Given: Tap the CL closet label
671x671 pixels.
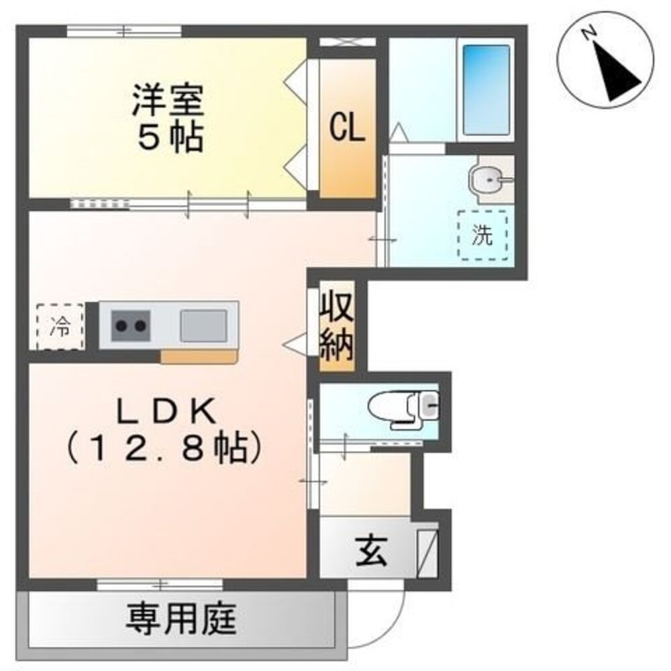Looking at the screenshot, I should (347, 127).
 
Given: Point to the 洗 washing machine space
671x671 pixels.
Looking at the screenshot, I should (482, 235).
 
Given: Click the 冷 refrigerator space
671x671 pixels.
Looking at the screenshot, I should (60, 327).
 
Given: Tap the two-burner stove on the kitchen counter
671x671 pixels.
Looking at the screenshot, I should (130, 325).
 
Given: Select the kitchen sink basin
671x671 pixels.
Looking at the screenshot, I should (203, 325).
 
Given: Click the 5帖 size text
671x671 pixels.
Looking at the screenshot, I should (170, 138).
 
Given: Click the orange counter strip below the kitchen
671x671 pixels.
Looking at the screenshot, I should (199, 357).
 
